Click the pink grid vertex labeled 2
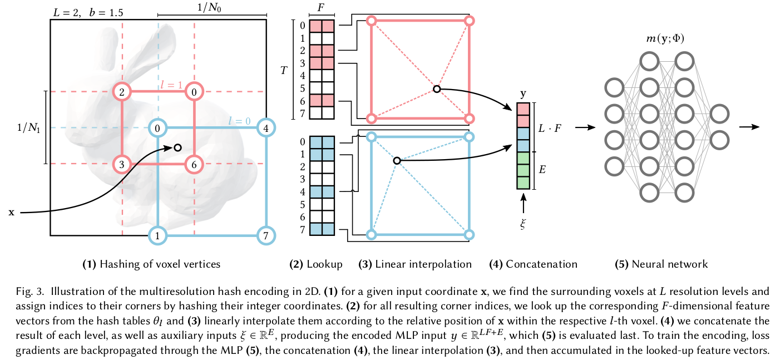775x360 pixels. [x=122, y=92]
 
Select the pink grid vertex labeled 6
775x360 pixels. [x=194, y=165]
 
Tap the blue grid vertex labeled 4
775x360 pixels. [x=266, y=128]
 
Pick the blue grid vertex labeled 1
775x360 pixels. [x=157, y=236]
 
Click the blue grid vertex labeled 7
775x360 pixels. [x=266, y=236]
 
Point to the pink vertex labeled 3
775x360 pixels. [x=122, y=165]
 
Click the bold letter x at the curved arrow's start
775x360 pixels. [x=12, y=212]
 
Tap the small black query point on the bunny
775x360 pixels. [x=177, y=148]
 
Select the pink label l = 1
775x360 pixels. [x=171, y=85]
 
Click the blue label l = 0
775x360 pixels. [x=239, y=121]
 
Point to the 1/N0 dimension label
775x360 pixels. [x=209, y=7]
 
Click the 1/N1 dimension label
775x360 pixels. [x=29, y=128]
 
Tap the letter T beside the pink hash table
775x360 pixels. [x=284, y=71]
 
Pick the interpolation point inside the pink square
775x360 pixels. [x=437, y=89]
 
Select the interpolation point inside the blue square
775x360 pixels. [x=397, y=161]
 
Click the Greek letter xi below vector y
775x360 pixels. [x=523, y=224]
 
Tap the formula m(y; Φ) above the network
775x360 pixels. [x=665, y=38]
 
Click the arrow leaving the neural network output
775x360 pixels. [x=749, y=127]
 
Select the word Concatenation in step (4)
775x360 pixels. [x=541, y=264]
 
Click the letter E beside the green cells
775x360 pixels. [x=542, y=170]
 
